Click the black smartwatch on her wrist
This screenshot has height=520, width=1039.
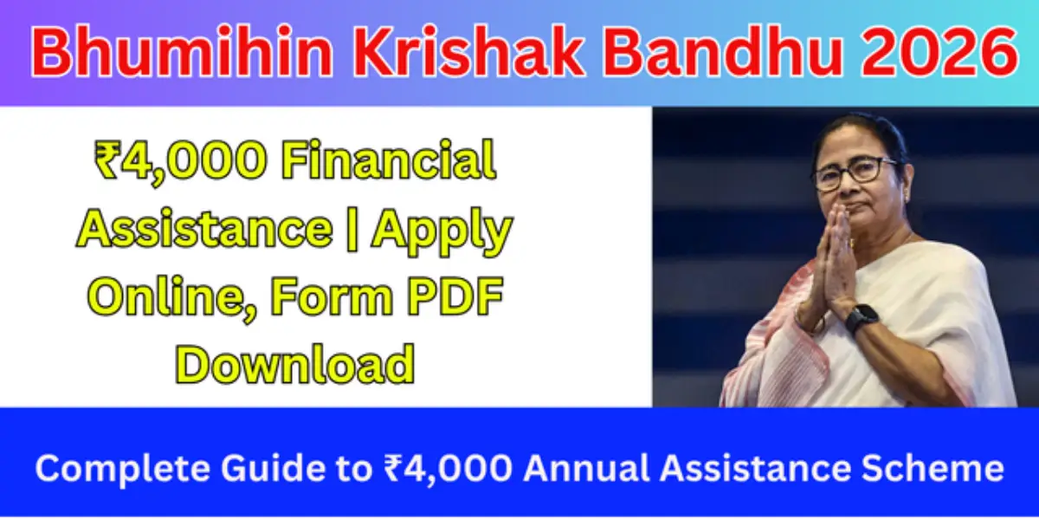click(862, 318)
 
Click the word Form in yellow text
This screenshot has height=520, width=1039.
click(326, 297)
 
